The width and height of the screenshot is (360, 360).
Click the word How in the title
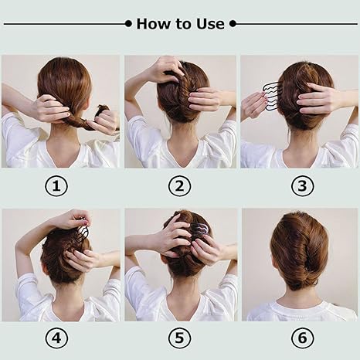[x=152, y=24]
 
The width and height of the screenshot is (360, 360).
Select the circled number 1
[x=59, y=186]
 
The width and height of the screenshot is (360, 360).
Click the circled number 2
[x=180, y=186]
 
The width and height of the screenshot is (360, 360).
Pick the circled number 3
[x=301, y=186]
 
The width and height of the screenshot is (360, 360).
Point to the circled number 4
[x=59, y=338]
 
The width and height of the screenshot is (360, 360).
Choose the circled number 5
[x=180, y=338]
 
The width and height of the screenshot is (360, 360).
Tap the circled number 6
[x=301, y=338]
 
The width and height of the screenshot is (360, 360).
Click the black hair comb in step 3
[x=271, y=97]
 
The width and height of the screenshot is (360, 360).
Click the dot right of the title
[x=233, y=24]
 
